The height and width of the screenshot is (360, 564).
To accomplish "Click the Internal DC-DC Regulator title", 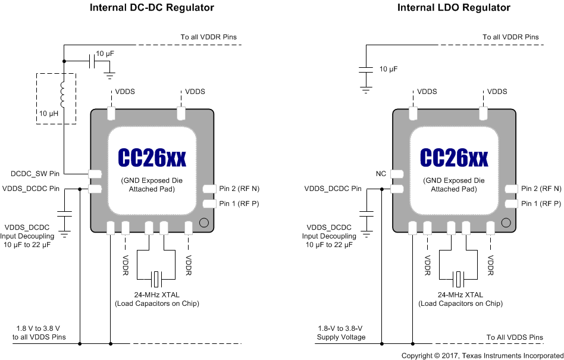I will (152, 8).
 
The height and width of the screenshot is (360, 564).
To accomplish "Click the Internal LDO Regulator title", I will (454, 8).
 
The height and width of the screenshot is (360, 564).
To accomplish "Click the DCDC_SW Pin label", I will (35, 174).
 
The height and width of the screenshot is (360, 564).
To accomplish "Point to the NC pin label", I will (381, 174).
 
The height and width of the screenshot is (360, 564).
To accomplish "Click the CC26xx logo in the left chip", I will (152, 158).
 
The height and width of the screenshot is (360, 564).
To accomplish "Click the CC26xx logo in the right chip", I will (454, 158).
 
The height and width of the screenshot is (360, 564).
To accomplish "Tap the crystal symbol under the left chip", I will (157, 278).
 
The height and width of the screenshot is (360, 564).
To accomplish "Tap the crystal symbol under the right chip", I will (459, 278).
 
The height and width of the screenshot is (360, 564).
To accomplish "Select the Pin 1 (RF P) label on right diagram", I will (541, 204).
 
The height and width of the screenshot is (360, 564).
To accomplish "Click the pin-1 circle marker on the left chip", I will (203, 224).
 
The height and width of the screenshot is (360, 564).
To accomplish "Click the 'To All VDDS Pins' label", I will (515, 337).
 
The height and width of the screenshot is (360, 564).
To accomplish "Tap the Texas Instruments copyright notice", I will (482, 355).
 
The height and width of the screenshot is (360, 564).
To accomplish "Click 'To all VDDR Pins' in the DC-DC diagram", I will (208, 37).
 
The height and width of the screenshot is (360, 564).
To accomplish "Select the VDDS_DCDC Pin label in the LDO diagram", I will (333, 189).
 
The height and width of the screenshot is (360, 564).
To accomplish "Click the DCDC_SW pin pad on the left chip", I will (95, 174).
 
